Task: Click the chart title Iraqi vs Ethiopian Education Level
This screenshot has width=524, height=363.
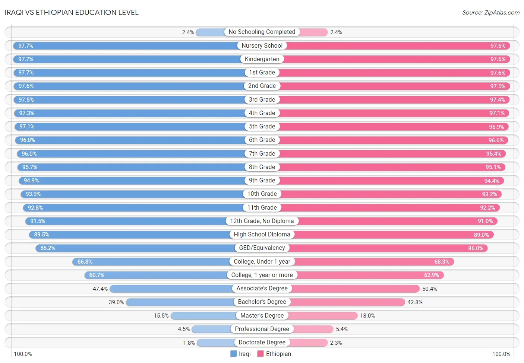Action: [72, 12]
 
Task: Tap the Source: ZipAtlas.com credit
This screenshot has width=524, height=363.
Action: [491, 13]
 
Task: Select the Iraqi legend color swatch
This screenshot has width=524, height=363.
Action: [233, 354]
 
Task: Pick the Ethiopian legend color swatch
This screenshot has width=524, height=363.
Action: [261, 354]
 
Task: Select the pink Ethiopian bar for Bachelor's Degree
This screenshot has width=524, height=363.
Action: [348, 302]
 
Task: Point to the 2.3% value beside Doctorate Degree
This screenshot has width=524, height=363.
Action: [336, 343]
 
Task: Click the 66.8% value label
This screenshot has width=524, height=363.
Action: [85, 262]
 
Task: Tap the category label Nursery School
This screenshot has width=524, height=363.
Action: [262, 45]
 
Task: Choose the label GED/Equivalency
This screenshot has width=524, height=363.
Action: [262, 248]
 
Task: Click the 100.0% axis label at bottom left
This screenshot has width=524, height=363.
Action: [23, 354]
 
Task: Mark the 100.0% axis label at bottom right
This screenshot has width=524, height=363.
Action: [501, 354]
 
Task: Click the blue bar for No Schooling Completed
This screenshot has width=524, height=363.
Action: [210, 32]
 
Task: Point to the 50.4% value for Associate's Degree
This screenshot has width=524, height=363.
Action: [430, 289]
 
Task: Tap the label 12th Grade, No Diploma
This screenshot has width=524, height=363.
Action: [262, 221]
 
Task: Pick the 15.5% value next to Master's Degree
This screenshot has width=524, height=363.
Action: [161, 316]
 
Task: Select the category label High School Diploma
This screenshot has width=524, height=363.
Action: [262, 235]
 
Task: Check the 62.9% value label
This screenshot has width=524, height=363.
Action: [432, 275]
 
